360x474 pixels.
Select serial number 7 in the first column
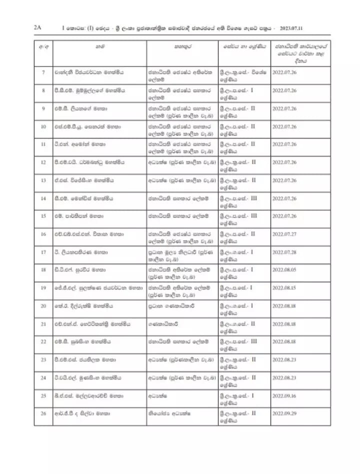coord(43,72)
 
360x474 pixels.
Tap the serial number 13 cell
coord(43,180)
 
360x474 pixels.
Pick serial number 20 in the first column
coord(43,305)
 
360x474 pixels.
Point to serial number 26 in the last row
coord(43,413)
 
